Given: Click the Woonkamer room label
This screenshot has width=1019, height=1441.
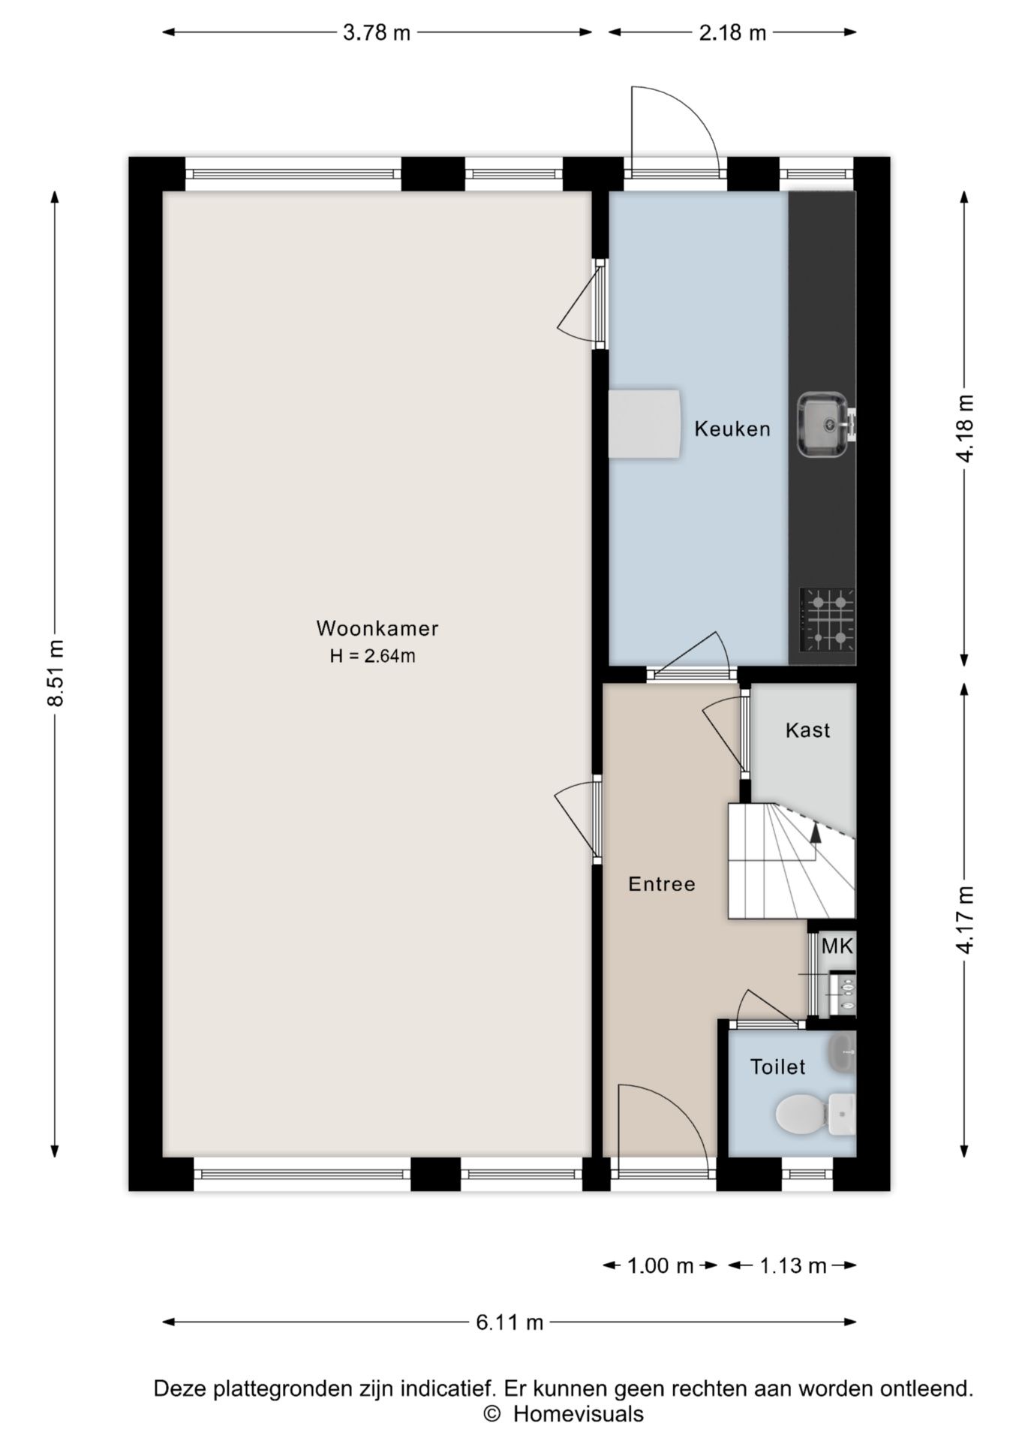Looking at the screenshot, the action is (x=377, y=628).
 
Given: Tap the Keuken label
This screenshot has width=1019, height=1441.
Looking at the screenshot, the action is (x=732, y=429).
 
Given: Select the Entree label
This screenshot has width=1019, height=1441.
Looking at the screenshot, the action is (x=662, y=884).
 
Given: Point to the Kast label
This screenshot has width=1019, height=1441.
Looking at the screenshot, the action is (x=807, y=730).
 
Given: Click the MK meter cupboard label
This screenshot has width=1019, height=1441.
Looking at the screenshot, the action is (x=837, y=946).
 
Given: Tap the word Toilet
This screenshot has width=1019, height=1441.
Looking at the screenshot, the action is (x=778, y=1066).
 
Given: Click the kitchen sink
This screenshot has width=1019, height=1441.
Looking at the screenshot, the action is (x=825, y=424).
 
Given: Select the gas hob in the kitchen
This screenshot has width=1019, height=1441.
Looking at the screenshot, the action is (x=828, y=620).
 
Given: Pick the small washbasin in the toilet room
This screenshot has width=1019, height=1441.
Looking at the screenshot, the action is (x=842, y=1052).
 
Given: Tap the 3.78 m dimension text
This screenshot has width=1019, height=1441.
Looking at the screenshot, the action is (x=377, y=33).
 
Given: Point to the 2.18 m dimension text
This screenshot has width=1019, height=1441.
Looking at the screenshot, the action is (x=732, y=33).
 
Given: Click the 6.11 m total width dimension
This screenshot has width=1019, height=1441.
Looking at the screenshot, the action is (x=509, y=1322).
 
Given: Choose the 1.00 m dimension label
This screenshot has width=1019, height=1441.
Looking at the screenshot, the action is (x=660, y=1266).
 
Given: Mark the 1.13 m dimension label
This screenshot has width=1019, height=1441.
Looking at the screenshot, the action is (x=792, y=1266).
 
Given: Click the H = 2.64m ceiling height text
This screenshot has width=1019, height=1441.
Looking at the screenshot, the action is (x=373, y=656).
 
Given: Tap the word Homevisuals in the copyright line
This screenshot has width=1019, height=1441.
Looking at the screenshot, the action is (x=578, y=1415).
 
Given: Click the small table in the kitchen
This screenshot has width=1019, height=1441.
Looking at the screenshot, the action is (x=644, y=423).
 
